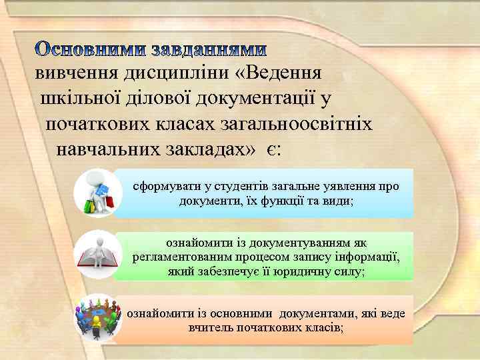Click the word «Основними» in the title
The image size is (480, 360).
click(x=90, y=50)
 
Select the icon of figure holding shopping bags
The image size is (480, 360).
click(x=97, y=193)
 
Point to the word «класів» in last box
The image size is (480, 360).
click(x=323, y=328)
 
